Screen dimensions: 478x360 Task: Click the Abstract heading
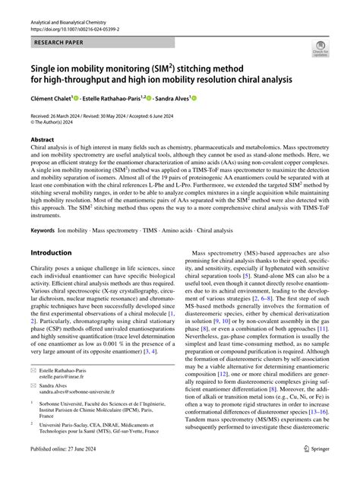(43, 141)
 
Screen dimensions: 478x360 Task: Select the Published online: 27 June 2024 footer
(68, 470)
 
